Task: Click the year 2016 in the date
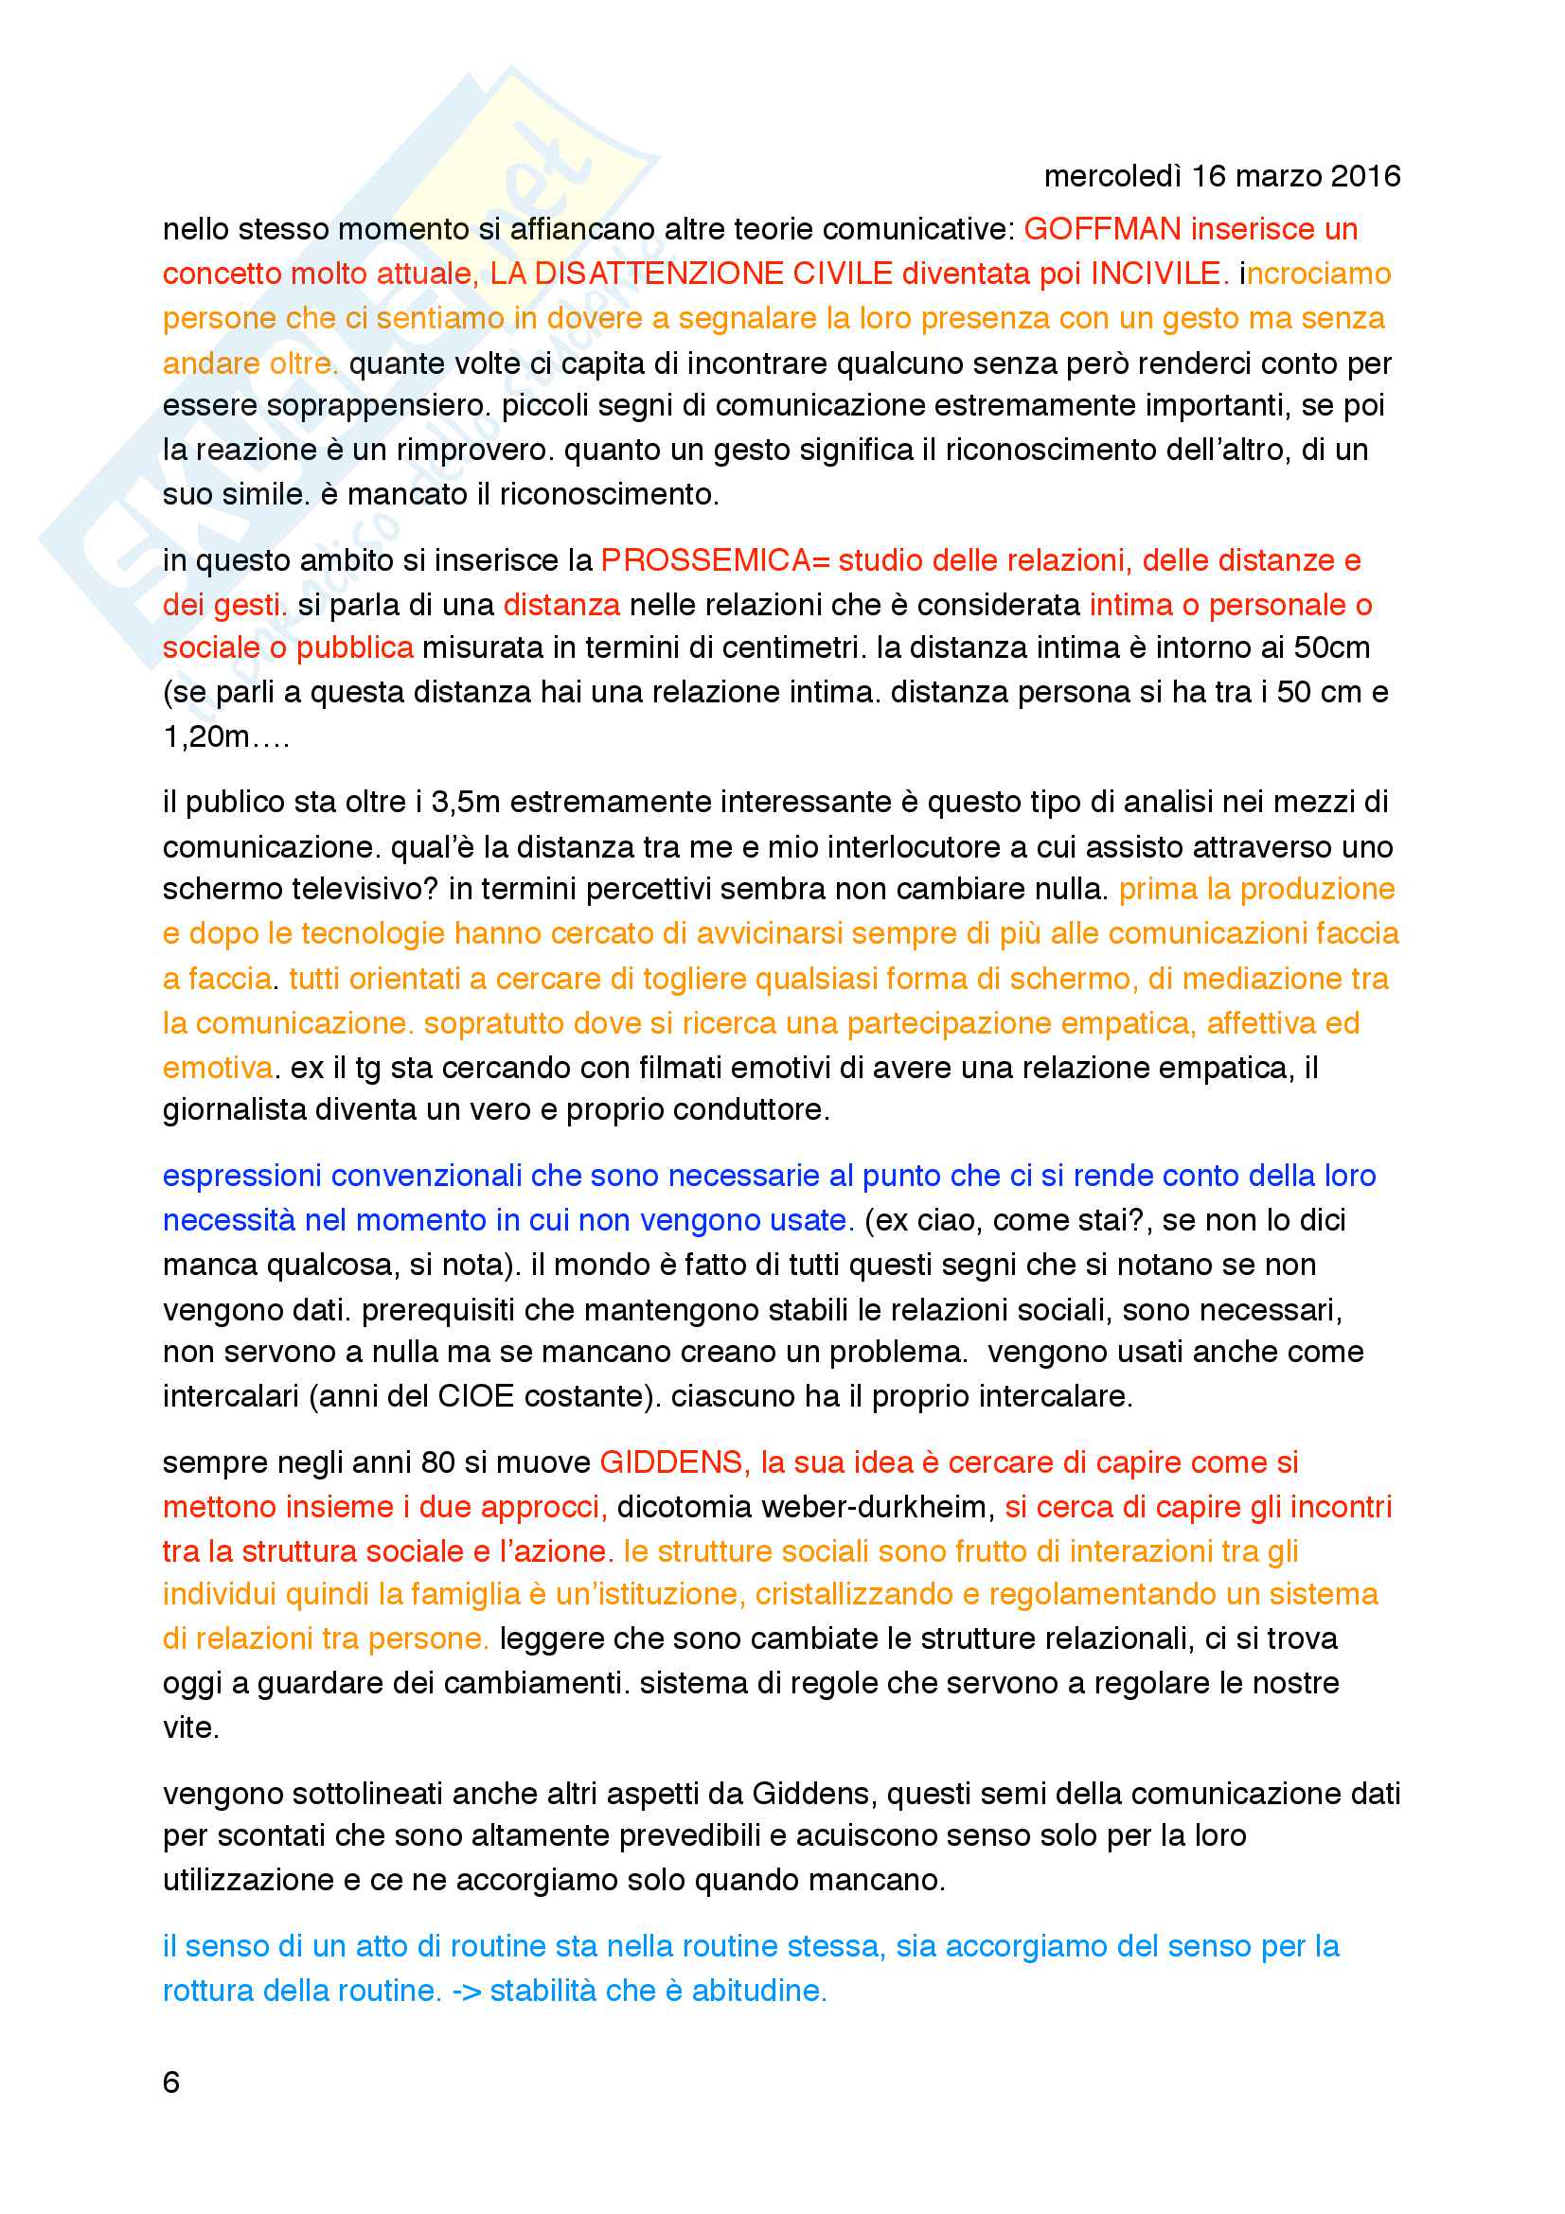(1364, 176)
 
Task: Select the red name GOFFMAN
(1101, 229)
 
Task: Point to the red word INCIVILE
(1158, 274)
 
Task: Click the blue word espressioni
(242, 1177)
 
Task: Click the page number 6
(171, 2082)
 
